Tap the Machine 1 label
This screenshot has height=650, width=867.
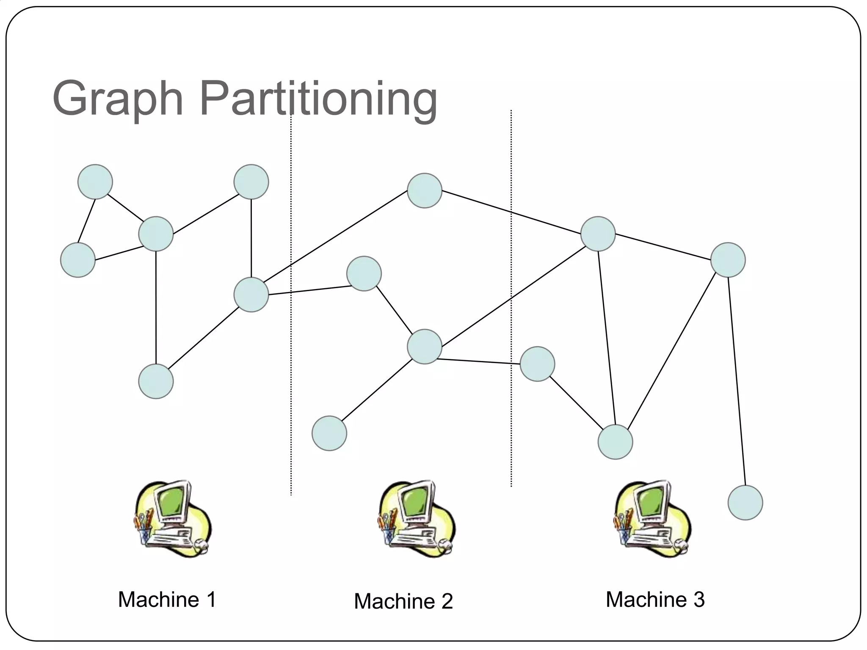[x=167, y=600]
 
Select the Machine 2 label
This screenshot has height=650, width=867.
[x=403, y=601]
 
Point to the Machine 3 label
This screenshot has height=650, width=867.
[x=655, y=600]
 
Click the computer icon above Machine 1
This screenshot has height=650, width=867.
[x=172, y=519]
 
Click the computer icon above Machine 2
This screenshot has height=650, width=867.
[x=417, y=519]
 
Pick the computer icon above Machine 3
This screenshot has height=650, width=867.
[x=652, y=519]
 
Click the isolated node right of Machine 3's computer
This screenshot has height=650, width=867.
[x=745, y=503]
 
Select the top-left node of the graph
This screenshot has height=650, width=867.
[x=95, y=182]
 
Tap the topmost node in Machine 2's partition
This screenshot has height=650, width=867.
[x=425, y=190]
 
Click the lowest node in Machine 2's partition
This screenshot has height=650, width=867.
[x=329, y=433]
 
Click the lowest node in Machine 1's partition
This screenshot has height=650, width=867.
[x=156, y=381]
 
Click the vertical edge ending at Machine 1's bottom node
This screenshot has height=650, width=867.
[x=156, y=309]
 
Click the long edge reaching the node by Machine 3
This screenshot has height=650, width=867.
[x=737, y=381]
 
